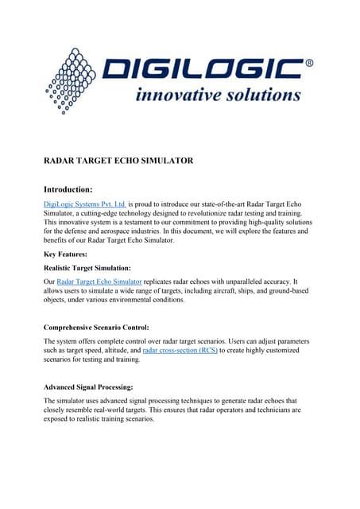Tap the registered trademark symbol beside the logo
[309, 61]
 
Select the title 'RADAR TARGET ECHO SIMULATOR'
[118, 161]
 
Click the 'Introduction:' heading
[68, 189]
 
